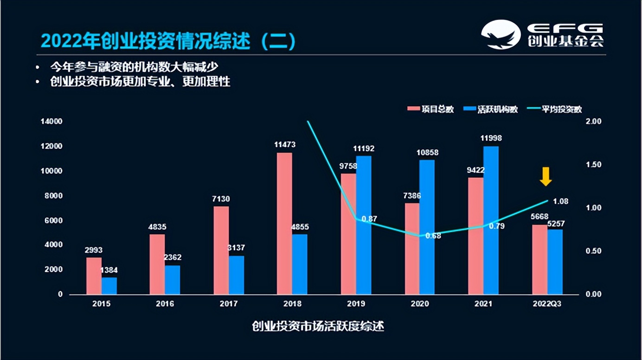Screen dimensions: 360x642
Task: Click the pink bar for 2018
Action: (x=285, y=223)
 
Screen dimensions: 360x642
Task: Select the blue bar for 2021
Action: (x=491, y=220)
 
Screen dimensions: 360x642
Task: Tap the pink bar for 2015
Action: (x=94, y=276)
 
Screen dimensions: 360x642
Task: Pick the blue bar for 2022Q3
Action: (x=555, y=262)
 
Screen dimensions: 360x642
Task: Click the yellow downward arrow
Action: (x=546, y=176)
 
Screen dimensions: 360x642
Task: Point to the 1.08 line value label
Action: (x=560, y=201)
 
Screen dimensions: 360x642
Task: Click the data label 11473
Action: (x=285, y=145)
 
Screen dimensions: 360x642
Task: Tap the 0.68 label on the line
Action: (x=433, y=236)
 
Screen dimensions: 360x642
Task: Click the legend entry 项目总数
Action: (x=431, y=109)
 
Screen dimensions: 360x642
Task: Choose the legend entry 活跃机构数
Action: (x=492, y=109)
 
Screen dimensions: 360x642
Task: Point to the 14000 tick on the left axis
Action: (x=51, y=122)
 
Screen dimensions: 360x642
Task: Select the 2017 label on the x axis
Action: (x=229, y=304)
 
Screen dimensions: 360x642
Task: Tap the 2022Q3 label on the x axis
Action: (x=547, y=304)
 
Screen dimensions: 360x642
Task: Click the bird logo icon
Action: (x=501, y=34)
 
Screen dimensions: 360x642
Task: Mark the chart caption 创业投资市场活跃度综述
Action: (x=318, y=326)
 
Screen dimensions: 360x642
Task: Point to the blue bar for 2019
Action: (x=364, y=225)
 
